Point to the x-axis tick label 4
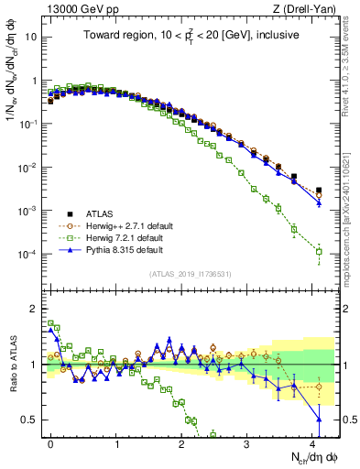click(313, 442)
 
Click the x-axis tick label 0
click(51, 442)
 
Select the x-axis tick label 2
click(182, 442)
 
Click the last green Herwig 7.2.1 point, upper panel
click(319, 251)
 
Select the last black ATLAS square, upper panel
click(319, 191)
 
